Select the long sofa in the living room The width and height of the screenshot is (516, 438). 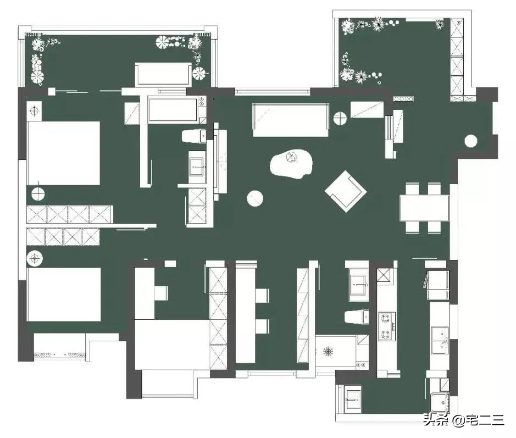coord(291,120)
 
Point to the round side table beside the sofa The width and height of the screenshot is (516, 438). coord(340,119)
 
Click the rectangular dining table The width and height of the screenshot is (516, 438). coord(425,208)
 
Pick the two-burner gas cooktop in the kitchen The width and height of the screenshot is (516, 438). coord(386,326)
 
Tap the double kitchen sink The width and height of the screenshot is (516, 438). coord(440,341)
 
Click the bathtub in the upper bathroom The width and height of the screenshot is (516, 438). coord(173,109)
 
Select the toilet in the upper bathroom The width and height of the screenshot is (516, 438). coord(194,136)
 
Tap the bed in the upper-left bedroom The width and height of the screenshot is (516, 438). coord(63,153)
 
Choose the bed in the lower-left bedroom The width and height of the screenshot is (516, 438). coord(64,295)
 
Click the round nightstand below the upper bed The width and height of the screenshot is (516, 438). coord(38,193)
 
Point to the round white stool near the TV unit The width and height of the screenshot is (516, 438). coord(255,198)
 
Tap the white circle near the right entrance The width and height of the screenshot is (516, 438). coord(471,141)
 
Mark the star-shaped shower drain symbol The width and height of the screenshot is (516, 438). coord(328,351)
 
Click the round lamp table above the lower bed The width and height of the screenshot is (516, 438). coord(35,258)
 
